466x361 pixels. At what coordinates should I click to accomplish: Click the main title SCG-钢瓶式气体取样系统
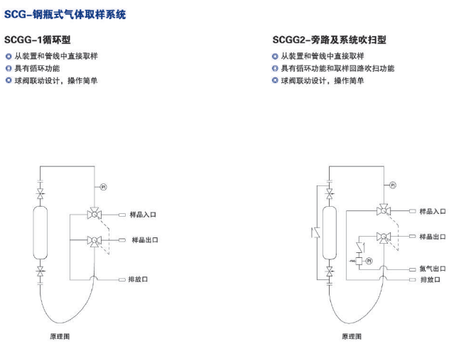click(65, 14)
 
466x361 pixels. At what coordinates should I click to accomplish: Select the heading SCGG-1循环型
click(37, 40)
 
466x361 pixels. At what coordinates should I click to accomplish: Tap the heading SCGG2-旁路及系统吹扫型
click(330, 40)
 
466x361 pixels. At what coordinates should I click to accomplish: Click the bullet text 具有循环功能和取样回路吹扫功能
click(337, 68)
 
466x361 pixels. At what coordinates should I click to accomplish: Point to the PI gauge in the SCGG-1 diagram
click(103, 187)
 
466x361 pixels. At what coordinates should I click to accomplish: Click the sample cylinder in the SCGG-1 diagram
click(40, 233)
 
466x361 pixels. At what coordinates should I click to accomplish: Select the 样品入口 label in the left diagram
click(143, 215)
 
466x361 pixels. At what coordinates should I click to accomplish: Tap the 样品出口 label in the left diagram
click(145, 240)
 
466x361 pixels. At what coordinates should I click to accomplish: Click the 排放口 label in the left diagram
click(138, 279)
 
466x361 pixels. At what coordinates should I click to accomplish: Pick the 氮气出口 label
click(433, 269)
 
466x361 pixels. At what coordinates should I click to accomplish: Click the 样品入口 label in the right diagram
click(433, 212)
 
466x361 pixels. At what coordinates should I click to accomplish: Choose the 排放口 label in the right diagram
click(430, 279)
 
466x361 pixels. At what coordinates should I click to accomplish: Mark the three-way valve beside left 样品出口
click(94, 241)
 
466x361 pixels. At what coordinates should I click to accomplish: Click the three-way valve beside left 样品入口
click(94, 213)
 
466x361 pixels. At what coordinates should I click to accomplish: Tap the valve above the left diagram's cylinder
click(40, 193)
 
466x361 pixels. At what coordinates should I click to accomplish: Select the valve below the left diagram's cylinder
click(40, 271)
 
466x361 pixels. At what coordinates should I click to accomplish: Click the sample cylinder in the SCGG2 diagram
click(330, 233)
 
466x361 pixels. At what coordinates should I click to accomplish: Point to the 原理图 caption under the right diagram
click(352, 336)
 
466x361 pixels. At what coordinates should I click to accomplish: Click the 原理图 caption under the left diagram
click(60, 336)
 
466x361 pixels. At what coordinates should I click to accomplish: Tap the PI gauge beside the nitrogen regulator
click(369, 261)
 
